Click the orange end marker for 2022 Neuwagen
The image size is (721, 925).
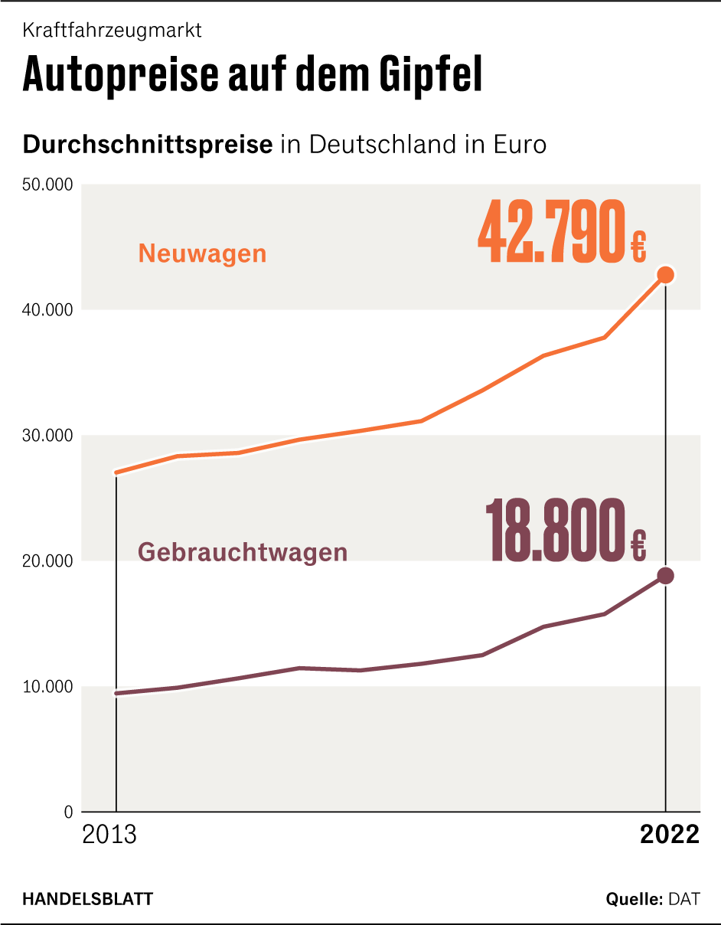tap(665, 275)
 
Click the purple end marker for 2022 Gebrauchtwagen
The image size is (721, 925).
tap(665, 576)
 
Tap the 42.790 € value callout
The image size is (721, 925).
tap(562, 233)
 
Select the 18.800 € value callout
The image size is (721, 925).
tap(566, 531)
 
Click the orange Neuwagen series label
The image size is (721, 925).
tap(202, 253)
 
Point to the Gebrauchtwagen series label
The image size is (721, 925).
tap(243, 551)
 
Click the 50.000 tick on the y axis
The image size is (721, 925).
tap(47, 185)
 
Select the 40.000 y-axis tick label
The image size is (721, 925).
tap(47, 310)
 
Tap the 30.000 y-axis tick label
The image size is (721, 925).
tap(47, 436)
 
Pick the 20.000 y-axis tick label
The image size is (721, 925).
tap(47, 561)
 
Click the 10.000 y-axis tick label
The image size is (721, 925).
tap(47, 687)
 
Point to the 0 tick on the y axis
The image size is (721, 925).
tap(68, 812)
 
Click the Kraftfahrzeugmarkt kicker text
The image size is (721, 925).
tap(112, 31)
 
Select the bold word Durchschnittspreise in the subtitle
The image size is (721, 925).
tap(148, 144)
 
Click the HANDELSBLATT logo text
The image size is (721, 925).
tap(87, 898)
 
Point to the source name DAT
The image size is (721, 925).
tap(683, 898)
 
